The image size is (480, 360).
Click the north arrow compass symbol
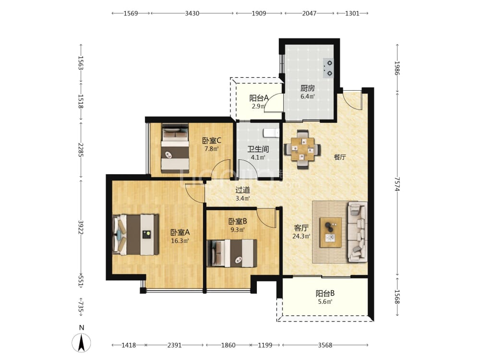click(x=81, y=343)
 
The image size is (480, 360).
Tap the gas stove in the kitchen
click(x=328, y=68)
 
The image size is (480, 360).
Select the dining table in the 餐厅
click(x=302, y=149)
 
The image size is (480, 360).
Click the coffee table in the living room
click(x=331, y=232)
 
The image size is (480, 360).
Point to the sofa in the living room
click(x=357, y=232)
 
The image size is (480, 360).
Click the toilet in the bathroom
click(x=271, y=132)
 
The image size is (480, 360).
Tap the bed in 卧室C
click(x=175, y=148)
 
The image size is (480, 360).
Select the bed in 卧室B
click(x=232, y=253)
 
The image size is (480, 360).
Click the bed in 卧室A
click(x=136, y=235)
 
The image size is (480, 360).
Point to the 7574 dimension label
click(x=397, y=184)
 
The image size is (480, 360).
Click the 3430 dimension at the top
click(x=192, y=13)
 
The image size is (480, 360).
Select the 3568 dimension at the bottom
click(x=325, y=345)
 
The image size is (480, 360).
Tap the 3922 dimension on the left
click(x=81, y=227)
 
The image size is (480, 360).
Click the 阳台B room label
click(x=325, y=293)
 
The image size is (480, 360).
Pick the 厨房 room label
click(x=307, y=88)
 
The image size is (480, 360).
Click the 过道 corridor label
click(x=242, y=190)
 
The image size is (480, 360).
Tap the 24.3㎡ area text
click(x=301, y=236)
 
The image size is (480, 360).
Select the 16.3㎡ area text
click(x=180, y=240)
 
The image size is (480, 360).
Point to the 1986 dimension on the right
click(x=397, y=68)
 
